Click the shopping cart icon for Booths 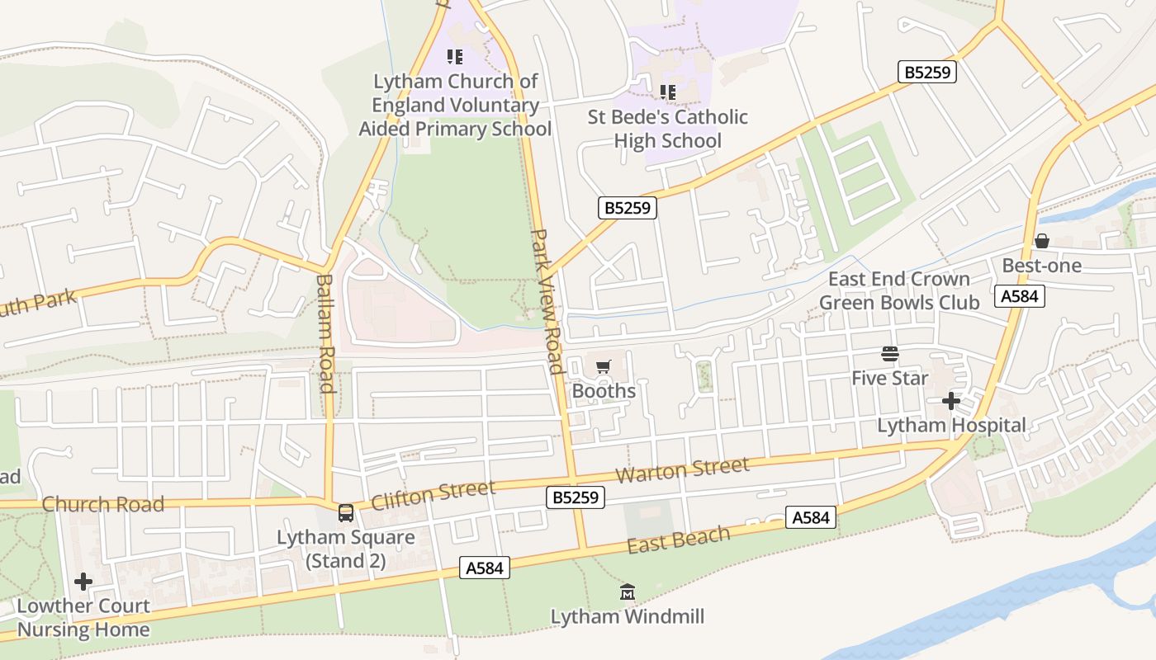tap(604, 366)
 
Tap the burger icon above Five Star tap(890, 354)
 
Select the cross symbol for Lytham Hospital tap(951, 402)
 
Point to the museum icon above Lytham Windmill tap(628, 592)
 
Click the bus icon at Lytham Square tap(346, 513)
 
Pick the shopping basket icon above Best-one tap(1042, 241)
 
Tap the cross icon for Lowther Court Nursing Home tap(83, 582)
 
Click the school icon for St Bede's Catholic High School tap(668, 92)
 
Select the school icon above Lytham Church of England tap(455, 57)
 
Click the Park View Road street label tap(545, 301)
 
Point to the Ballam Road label tap(325, 333)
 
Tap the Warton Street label tap(683, 470)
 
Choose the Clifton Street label tap(433, 495)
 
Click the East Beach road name tap(679, 540)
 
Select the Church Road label tap(103, 504)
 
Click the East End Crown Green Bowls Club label tap(899, 290)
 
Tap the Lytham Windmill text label tap(628, 617)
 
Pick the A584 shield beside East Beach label tap(810, 517)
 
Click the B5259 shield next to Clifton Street tap(576, 497)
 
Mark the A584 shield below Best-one tap(1020, 296)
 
